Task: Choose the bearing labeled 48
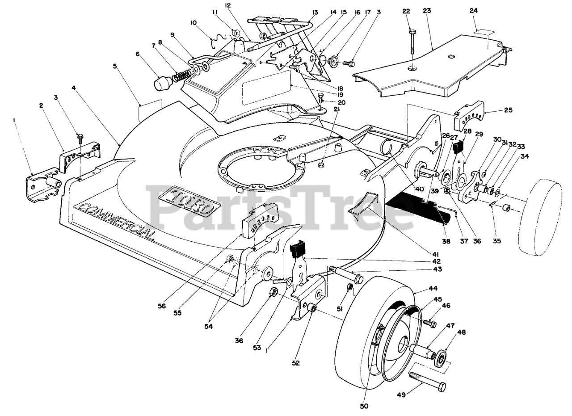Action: click(x=442, y=357)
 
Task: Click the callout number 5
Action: click(x=115, y=66)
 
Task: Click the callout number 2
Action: click(x=41, y=106)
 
